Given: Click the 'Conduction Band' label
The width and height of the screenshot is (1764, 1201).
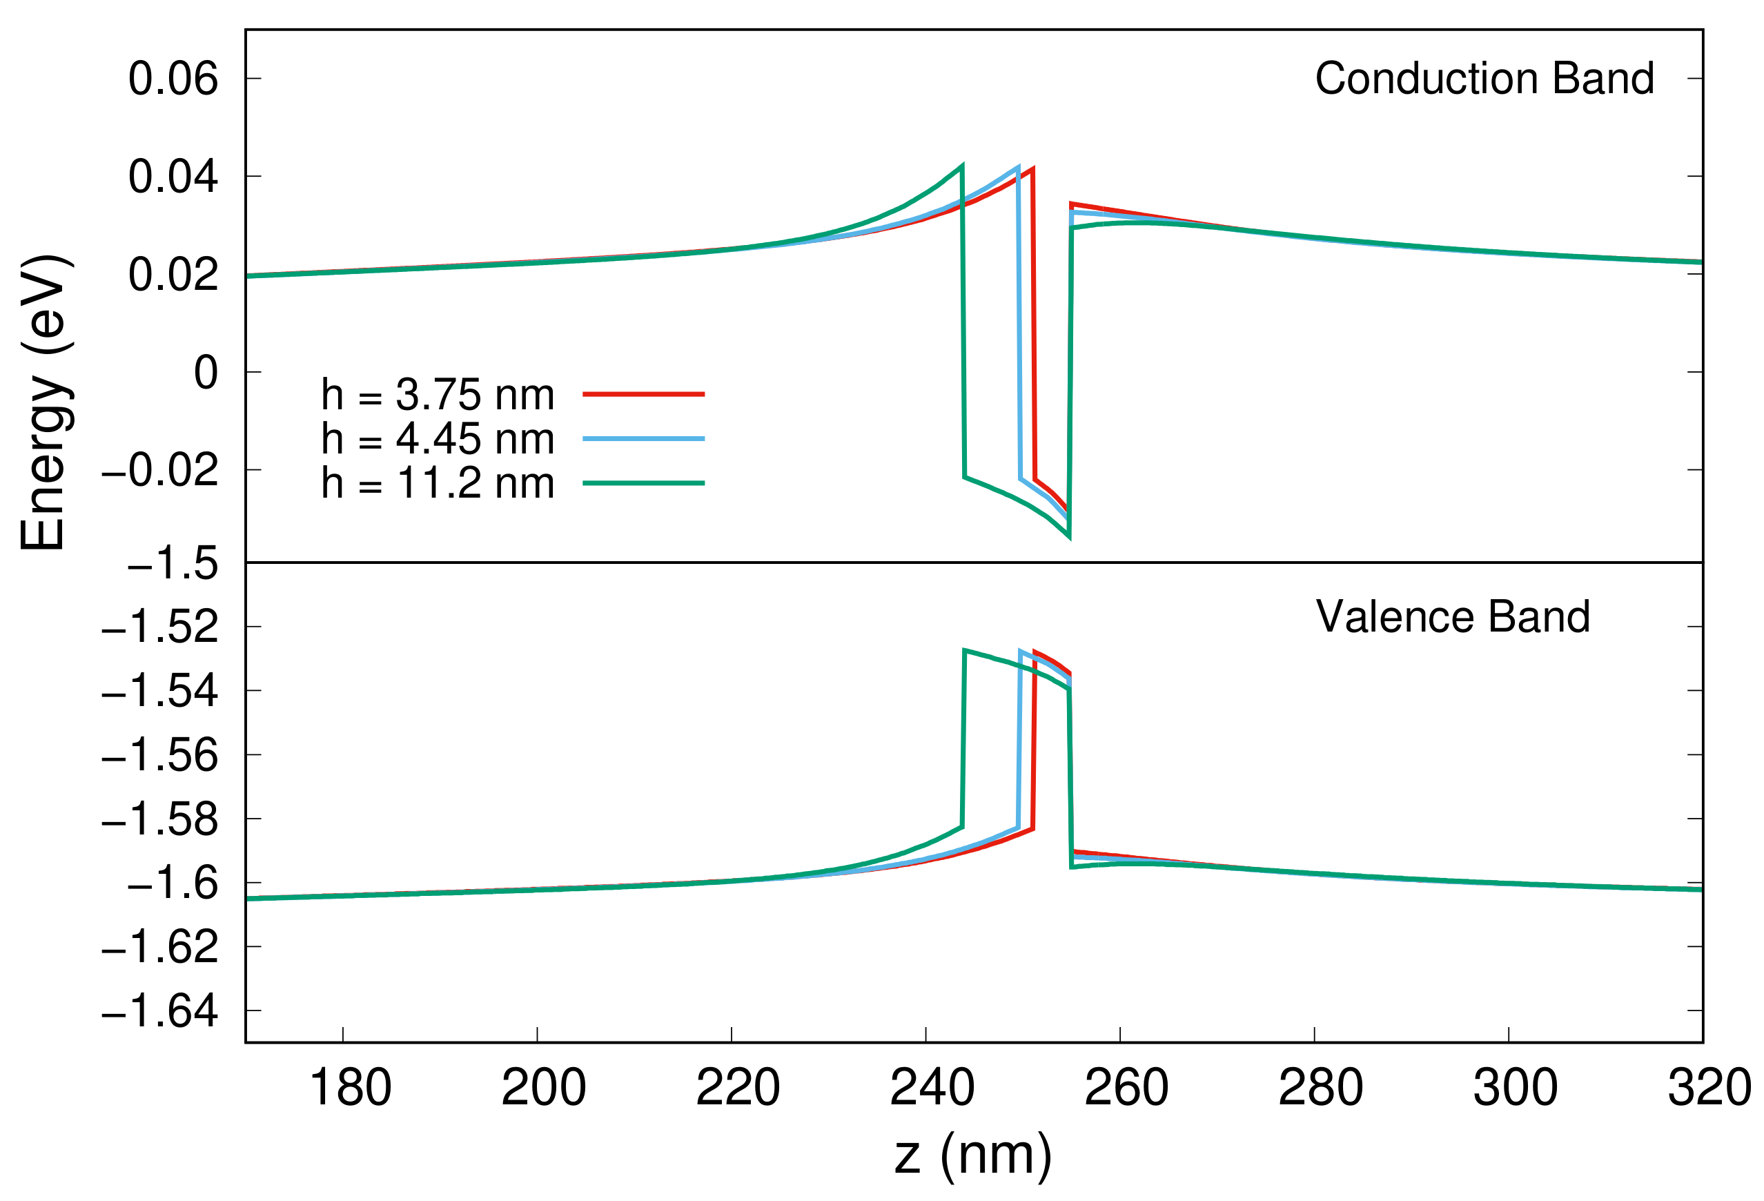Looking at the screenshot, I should pyautogui.click(x=1484, y=78).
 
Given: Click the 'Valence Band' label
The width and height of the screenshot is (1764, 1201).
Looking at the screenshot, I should pyautogui.click(x=1453, y=616).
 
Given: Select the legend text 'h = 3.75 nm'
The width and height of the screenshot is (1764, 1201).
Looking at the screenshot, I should pyautogui.click(x=438, y=395).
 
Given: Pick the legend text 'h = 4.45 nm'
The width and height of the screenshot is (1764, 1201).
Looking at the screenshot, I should pyautogui.click(x=438, y=439).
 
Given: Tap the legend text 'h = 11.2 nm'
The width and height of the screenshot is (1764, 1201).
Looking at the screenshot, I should pyautogui.click(x=438, y=483).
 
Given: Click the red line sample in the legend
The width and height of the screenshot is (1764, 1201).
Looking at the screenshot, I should pyautogui.click(x=643, y=395).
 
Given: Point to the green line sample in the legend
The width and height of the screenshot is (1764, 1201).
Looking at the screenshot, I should pyautogui.click(x=643, y=483).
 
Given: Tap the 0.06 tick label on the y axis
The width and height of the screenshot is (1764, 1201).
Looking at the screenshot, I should pyautogui.click(x=173, y=79).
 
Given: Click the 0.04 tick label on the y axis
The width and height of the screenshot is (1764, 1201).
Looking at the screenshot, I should pyautogui.click(x=173, y=177).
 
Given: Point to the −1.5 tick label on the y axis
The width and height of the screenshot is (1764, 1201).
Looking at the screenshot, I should pyautogui.click(x=173, y=564).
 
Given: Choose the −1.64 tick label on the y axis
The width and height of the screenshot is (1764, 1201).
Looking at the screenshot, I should pyautogui.click(x=160, y=1012).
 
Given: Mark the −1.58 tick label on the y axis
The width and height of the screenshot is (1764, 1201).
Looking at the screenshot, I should pyautogui.click(x=160, y=820).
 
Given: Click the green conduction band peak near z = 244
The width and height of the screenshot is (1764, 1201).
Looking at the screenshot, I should pyautogui.click(x=963, y=165).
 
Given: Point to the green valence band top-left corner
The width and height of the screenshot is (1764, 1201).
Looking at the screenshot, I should pyautogui.click(x=964, y=651).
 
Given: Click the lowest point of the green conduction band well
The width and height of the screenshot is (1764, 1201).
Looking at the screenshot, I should pyautogui.click(x=1070, y=538).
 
